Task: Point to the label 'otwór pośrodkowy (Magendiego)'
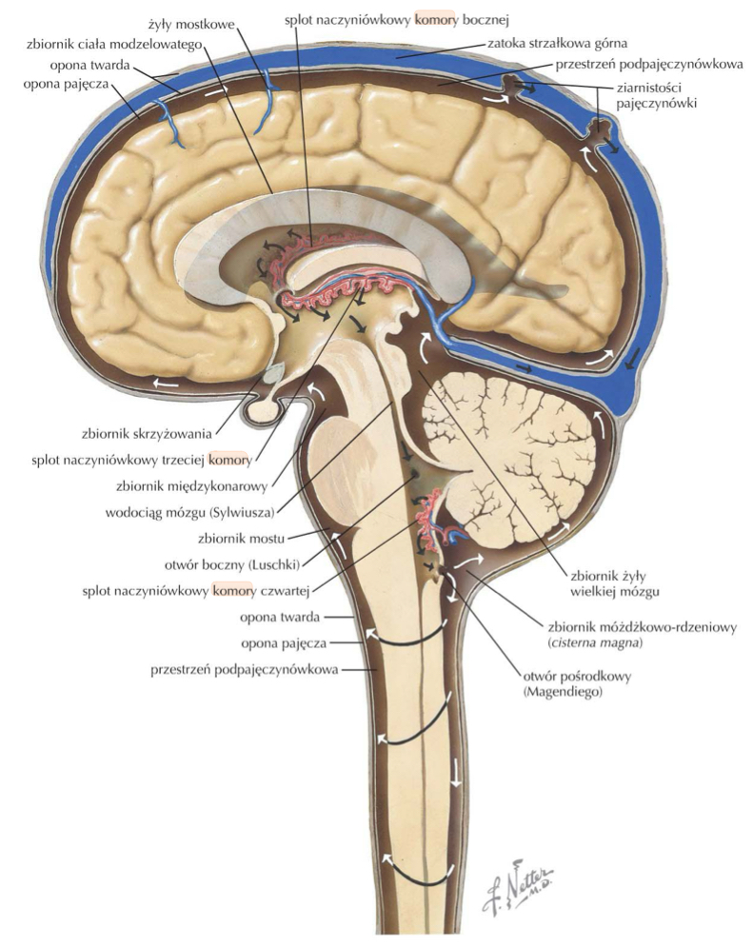point(572,684)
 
